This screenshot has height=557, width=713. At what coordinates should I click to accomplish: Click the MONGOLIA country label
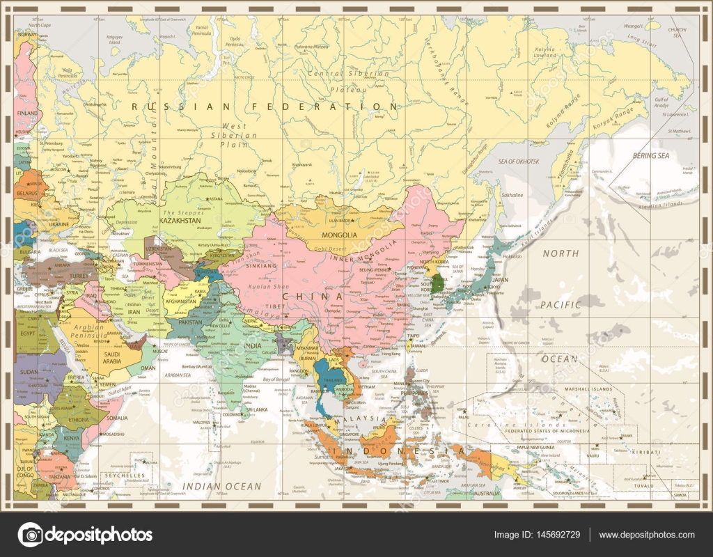click(x=339, y=235)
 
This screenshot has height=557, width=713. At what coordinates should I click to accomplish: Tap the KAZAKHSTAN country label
click(x=182, y=220)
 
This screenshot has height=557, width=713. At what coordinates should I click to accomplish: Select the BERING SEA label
click(x=650, y=156)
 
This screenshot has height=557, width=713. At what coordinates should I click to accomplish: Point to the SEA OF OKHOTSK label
click(x=518, y=162)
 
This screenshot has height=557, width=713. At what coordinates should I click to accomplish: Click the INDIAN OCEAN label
click(x=221, y=486)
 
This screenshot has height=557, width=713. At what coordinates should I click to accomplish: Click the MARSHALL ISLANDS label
click(x=578, y=389)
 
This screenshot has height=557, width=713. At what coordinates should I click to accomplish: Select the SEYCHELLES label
click(x=123, y=475)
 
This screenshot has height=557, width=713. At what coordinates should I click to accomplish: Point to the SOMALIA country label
click(x=118, y=418)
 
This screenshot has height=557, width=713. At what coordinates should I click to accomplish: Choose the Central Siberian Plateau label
click(x=349, y=81)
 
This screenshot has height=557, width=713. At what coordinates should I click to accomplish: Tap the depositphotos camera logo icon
click(x=30, y=535)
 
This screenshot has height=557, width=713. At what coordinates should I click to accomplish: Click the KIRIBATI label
click(x=647, y=452)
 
